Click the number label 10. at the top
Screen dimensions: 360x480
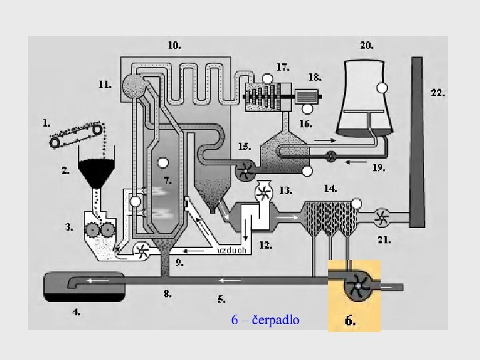pyautogui.click(x=173, y=46)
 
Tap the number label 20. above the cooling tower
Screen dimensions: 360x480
pyautogui.click(x=367, y=46)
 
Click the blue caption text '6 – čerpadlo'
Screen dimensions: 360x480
pyautogui.click(x=265, y=320)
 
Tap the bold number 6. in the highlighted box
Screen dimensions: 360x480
pyautogui.click(x=350, y=321)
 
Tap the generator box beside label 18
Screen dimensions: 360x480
pyautogui.click(x=307, y=95)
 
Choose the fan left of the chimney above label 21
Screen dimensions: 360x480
pyautogui.click(x=381, y=216)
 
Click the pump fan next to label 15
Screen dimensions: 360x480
pyautogui.click(x=244, y=171)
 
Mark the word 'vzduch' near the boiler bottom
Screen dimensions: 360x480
pyautogui.click(x=233, y=251)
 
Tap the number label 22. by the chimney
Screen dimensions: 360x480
pyautogui.click(x=437, y=94)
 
